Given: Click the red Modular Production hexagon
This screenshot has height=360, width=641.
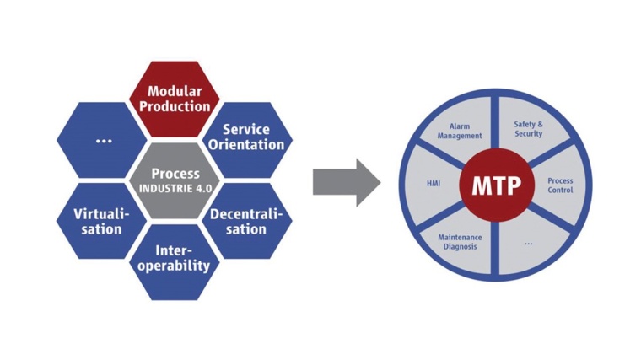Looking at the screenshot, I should [x=179, y=99].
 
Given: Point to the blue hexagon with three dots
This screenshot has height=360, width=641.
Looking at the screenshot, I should [x=103, y=140].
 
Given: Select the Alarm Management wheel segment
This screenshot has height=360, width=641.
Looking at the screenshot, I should [x=460, y=131].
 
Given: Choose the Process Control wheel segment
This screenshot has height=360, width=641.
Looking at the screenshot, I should [x=559, y=185].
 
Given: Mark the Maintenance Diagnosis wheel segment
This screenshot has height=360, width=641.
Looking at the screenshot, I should [x=460, y=241].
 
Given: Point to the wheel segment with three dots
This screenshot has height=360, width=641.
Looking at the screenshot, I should [x=529, y=243].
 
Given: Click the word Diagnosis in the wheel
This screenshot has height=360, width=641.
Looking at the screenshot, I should [x=460, y=247].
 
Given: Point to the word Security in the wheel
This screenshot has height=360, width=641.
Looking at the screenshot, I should [x=529, y=134].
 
